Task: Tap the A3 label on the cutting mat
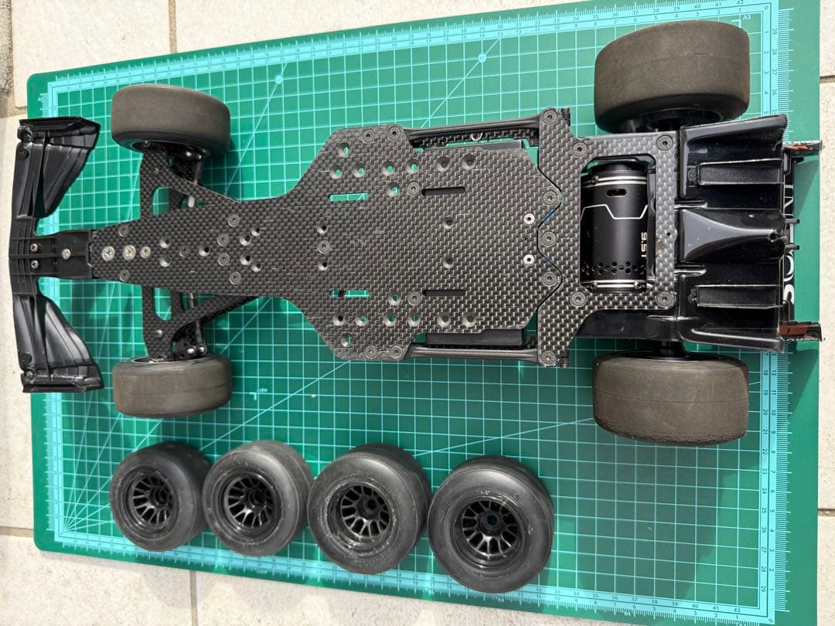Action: (x=746, y=16)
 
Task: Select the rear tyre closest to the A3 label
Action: (x=671, y=73)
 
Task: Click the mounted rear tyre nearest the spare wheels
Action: (x=670, y=398)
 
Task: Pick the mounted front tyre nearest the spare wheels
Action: (x=172, y=384)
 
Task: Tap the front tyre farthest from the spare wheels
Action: (x=171, y=117)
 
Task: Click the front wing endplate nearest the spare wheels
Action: (x=58, y=344)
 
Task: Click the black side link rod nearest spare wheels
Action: (x=472, y=353)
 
